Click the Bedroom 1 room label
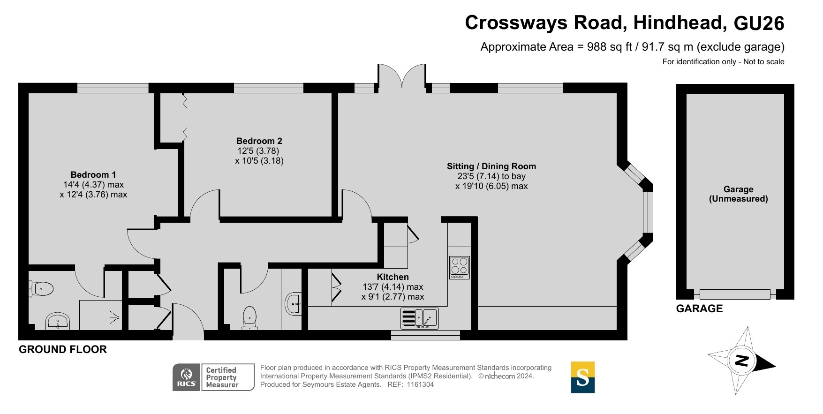tap(93, 175)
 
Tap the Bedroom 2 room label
tap(259, 141)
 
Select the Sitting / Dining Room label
tap(491, 166)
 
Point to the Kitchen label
tap(393, 277)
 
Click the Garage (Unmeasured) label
tap(739, 194)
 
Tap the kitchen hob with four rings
tap(460, 268)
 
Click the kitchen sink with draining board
tap(420, 318)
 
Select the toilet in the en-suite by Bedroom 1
tap(41, 288)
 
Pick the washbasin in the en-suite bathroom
tap(58, 322)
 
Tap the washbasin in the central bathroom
tap(293, 304)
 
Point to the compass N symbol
tap(741, 361)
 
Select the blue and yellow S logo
tap(583, 377)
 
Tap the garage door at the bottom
tap(735, 294)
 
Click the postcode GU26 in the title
tap(759, 23)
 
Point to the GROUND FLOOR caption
tap(63, 349)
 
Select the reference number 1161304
tap(420, 384)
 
